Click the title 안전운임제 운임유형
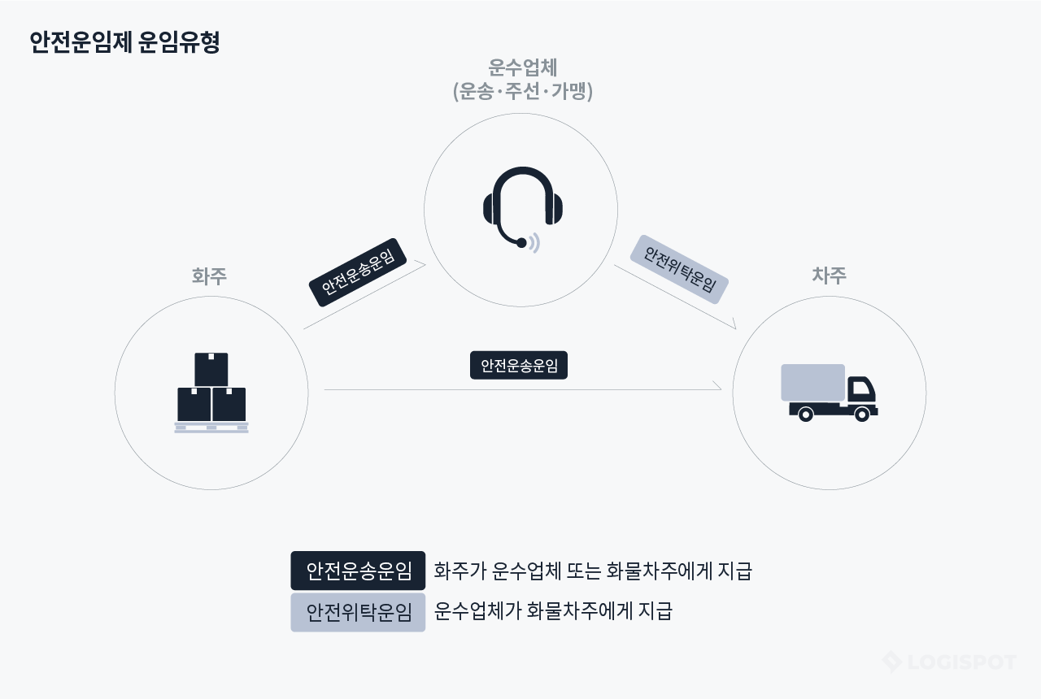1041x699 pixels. pyautogui.click(x=124, y=42)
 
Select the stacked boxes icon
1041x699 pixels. pyautogui.click(x=211, y=393)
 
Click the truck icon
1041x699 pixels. pyautogui.click(x=829, y=393)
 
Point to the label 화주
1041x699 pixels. pyautogui.click(x=209, y=276)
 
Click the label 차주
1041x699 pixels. pyautogui.click(x=829, y=276)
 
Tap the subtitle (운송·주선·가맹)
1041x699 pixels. pyautogui.click(x=522, y=91)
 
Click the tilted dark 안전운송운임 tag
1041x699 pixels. pyautogui.click(x=358, y=272)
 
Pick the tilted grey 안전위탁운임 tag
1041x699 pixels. pyautogui.click(x=679, y=269)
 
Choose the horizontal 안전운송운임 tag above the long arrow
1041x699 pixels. pyautogui.click(x=519, y=366)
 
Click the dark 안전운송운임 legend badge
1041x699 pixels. pyautogui.click(x=358, y=571)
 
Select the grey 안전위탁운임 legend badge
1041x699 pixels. pyautogui.click(x=358, y=612)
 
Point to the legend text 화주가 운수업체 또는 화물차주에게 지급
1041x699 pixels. pyautogui.click(x=593, y=571)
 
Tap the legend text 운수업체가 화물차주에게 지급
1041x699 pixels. pyautogui.click(x=553, y=611)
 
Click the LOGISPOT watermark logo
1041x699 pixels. pyautogui.click(x=949, y=662)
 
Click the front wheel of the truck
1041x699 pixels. pyautogui.click(x=862, y=415)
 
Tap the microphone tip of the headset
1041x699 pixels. pyautogui.click(x=521, y=242)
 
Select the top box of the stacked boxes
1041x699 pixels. pyautogui.click(x=211, y=369)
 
